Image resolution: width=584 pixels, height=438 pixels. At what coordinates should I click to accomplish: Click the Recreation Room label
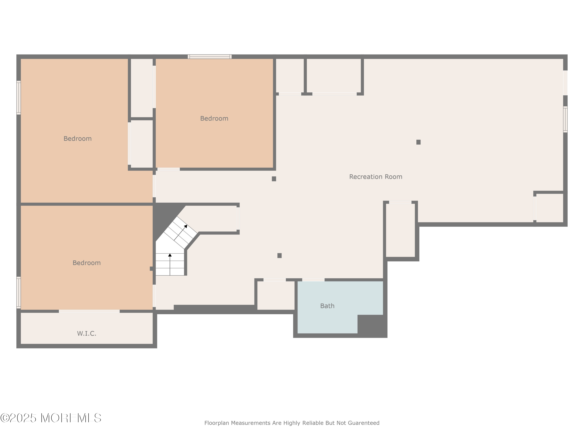pos(376,177)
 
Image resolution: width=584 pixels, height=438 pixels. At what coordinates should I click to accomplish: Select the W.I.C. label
pos(87,333)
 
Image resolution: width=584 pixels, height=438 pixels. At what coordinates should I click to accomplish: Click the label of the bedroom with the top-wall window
pos(214,118)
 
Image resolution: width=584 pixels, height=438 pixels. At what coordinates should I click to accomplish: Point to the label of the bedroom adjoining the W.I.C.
pos(87,263)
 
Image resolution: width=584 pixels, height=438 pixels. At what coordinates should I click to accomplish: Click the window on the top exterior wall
pos(210,56)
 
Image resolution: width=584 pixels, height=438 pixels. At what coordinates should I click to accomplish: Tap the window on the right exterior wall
pos(565,119)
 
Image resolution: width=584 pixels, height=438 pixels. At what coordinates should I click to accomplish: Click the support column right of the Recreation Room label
pos(419,142)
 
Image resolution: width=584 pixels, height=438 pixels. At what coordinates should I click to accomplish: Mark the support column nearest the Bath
pos(279,255)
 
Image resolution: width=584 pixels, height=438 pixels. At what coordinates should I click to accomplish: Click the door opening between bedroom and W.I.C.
pos(89,311)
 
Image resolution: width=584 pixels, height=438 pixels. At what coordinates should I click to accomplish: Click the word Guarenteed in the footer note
pos(364,423)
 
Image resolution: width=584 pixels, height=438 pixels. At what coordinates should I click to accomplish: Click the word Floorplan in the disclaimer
pos(216,423)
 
